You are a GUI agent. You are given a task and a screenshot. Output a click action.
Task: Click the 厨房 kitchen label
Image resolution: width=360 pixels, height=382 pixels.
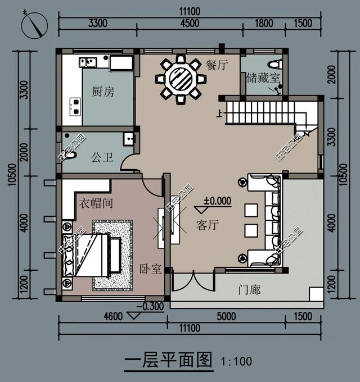[x=103, y=92]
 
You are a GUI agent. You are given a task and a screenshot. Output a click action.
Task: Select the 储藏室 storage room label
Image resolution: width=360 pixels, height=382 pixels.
[x=263, y=78]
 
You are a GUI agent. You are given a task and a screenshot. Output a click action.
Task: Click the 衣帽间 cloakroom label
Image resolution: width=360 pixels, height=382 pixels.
[x=95, y=203]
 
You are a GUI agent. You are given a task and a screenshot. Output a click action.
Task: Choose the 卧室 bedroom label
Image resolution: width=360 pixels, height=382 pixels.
[x=151, y=269]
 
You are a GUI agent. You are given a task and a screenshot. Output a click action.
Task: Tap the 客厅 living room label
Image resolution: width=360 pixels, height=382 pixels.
[x=207, y=225]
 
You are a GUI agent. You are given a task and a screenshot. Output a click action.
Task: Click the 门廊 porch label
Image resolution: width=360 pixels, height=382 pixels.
[x=249, y=290]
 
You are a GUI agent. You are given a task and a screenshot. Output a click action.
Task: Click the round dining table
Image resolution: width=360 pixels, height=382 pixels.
[x=180, y=79]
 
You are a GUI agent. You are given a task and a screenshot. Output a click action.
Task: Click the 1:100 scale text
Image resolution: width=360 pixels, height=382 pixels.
[x=236, y=361]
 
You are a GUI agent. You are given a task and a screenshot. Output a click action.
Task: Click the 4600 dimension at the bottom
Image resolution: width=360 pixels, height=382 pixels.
[x=113, y=317]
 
